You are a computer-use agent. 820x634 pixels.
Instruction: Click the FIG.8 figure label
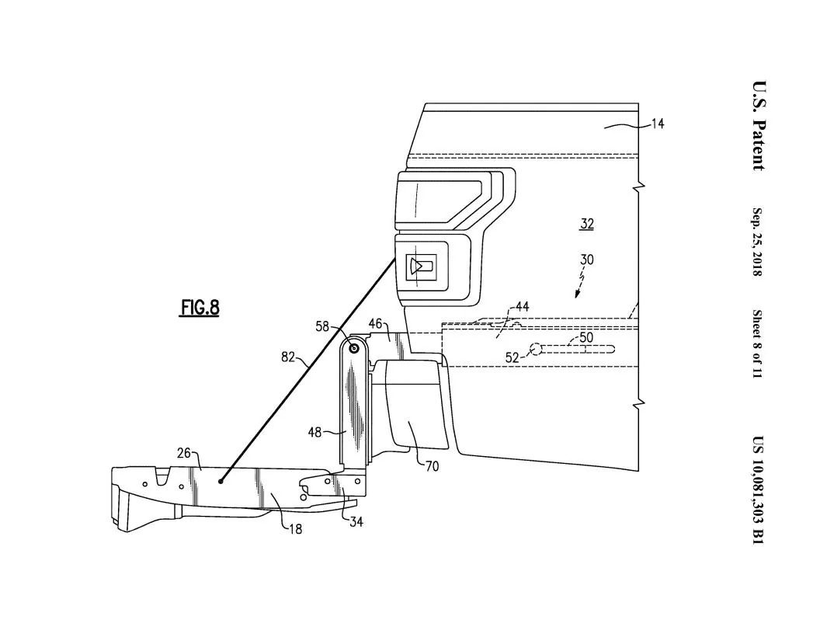pyautogui.click(x=200, y=308)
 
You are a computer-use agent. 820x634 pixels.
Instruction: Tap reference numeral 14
pyautogui.click(x=657, y=124)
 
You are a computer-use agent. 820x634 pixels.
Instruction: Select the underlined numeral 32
pyautogui.click(x=587, y=224)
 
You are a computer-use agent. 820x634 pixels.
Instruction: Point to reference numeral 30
pyautogui.click(x=587, y=260)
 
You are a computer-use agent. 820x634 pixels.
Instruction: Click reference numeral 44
pyautogui.click(x=522, y=308)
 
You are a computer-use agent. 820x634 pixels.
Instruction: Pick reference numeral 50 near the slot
pyautogui.click(x=585, y=338)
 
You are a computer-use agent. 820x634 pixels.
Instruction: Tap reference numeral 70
pyautogui.click(x=432, y=467)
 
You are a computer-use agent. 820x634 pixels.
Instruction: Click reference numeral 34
pyautogui.click(x=355, y=521)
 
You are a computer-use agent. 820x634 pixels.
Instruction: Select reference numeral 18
pyautogui.click(x=295, y=529)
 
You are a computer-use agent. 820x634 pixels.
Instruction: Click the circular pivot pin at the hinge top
pyautogui.click(x=353, y=350)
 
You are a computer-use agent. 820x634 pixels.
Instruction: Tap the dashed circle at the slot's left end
pyautogui.click(x=535, y=350)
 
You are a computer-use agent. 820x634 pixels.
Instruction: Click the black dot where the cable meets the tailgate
pyautogui.click(x=221, y=482)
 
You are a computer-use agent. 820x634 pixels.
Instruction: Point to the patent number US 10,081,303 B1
pyautogui.click(x=758, y=489)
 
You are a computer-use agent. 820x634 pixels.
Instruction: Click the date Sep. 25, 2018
pyautogui.click(x=758, y=242)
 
